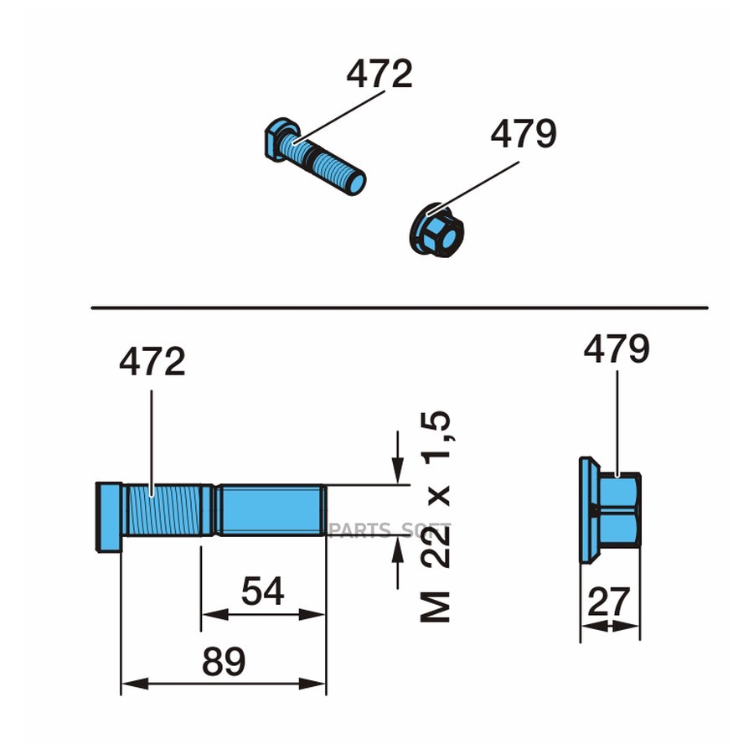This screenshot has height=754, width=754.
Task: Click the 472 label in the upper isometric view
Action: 380,74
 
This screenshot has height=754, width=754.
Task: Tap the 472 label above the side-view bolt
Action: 152,361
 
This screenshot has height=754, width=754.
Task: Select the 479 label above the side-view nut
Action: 617,349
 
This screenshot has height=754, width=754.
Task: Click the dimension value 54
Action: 262,591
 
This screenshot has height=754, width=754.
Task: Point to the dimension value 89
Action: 224,661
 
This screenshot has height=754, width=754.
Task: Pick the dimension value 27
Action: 609,601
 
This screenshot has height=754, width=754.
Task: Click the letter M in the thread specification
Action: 436,607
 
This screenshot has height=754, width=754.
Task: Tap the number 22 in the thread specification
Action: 436,547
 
